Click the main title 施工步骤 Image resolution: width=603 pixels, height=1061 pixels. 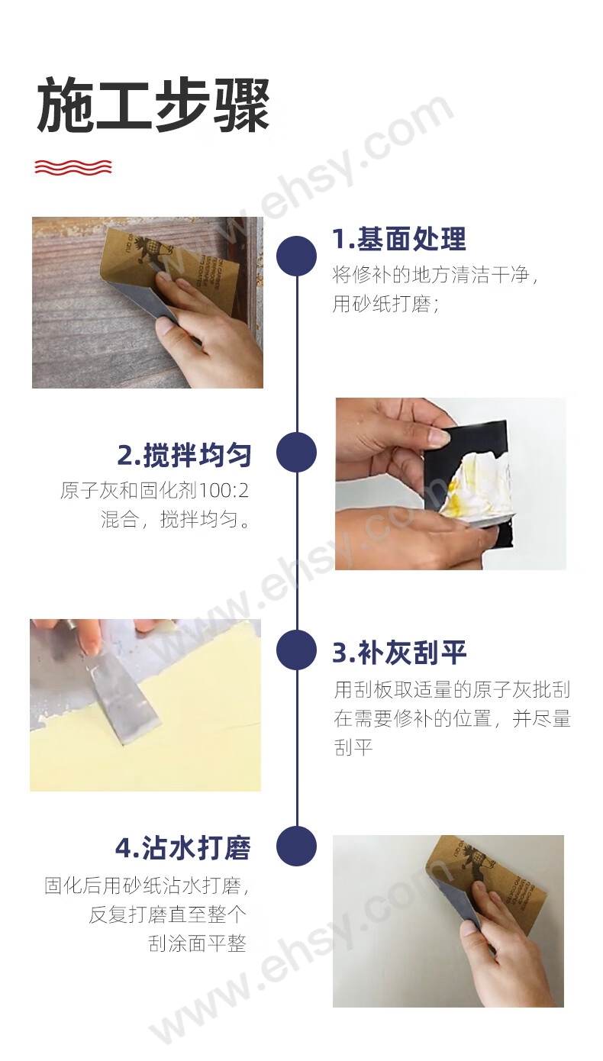click(x=153, y=105)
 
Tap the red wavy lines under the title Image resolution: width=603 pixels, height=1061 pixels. click(x=73, y=167)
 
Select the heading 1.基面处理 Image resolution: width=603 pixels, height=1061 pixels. click(x=399, y=239)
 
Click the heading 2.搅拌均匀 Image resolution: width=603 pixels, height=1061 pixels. click(x=184, y=455)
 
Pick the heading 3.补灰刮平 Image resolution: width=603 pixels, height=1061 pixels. click(x=399, y=652)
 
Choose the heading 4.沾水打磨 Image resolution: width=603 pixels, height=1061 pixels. click(x=183, y=848)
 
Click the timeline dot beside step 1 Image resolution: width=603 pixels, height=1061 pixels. click(x=296, y=255)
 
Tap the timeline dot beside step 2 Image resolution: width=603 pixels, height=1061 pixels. click(x=296, y=452)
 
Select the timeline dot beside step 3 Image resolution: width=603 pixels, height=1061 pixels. click(x=296, y=650)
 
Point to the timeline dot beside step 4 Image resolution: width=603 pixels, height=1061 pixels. click(x=296, y=846)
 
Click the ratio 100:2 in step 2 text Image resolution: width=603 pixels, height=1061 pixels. click(x=223, y=491)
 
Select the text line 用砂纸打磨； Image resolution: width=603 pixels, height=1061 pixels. click(x=386, y=304)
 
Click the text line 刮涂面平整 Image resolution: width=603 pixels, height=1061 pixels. click(x=197, y=943)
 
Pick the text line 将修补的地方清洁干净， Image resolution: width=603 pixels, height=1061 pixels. click(x=435, y=275)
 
